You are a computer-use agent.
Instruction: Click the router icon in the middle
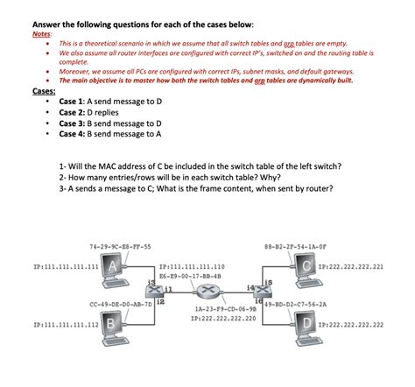coord(207,292)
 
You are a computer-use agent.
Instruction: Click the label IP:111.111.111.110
coord(192,265)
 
